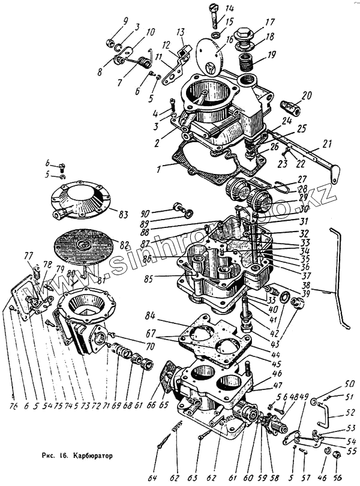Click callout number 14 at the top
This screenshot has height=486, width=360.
pyautogui.click(x=212, y=8)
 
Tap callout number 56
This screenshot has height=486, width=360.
pyautogui.click(x=338, y=477)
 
